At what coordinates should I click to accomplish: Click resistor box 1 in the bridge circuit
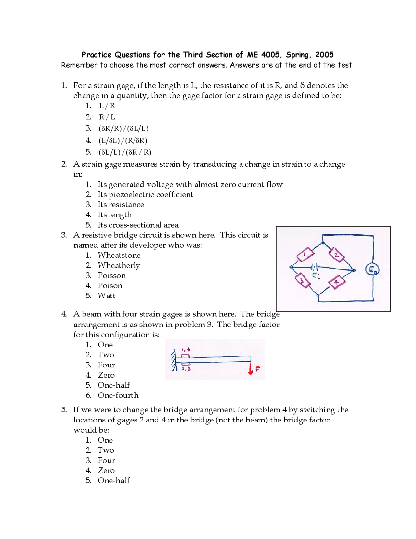click(x=305, y=255)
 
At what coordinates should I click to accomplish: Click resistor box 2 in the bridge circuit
click(x=336, y=255)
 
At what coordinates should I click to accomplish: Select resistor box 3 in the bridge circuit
click(x=302, y=281)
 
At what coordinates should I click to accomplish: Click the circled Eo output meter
click(x=372, y=269)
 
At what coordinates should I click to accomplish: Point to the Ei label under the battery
click(x=316, y=276)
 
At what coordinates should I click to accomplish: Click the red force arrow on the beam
click(x=250, y=369)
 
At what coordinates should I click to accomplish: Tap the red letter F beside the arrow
click(x=257, y=369)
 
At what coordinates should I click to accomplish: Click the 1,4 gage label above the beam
click(x=186, y=350)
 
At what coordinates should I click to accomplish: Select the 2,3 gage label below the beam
click(x=186, y=369)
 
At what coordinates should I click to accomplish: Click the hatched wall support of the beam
click(x=174, y=360)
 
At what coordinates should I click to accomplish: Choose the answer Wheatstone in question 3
click(x=119, y=255)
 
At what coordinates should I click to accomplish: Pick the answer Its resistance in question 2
click(x=121, y=205)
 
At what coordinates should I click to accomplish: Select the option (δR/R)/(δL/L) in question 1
click(x=123, y=129)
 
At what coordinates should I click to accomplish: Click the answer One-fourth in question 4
click(x=118, y=395)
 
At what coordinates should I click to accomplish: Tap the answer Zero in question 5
click(x=106, y=471)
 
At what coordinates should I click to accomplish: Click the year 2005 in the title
click(x=324, y=55)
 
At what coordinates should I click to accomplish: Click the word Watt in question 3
click(x=106, y=296)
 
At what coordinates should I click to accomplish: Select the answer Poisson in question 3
click(x=111, y=276)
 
